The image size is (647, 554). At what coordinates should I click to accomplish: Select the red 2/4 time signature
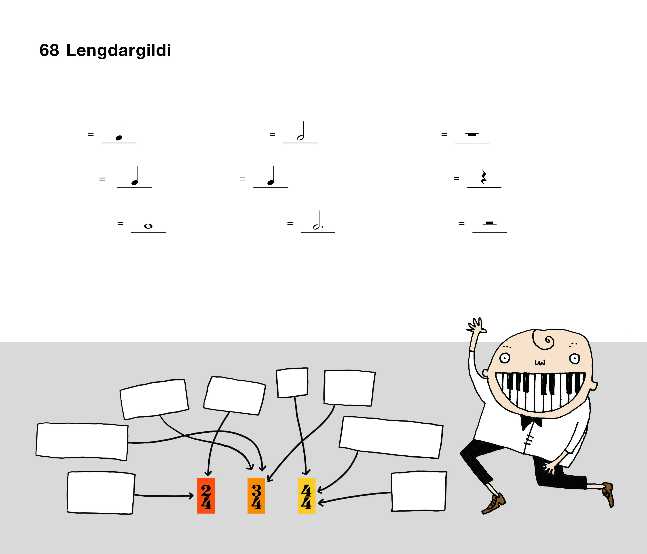(x=206, y=496)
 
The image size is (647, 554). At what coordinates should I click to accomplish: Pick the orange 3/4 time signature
(x=256, y=496)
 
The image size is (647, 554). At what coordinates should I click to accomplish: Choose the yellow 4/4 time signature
(x=307, y=496)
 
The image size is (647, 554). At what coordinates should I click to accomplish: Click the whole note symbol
(x=148, y=226)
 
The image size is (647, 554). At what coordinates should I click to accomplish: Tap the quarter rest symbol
(x=484, y=177)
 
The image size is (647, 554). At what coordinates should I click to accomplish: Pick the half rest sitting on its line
(x=489, y=223)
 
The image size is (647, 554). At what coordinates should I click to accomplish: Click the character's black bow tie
(x=531, y=422)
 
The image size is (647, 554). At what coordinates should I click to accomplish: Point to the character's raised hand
(x=476, y=326)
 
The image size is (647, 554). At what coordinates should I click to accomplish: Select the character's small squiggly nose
(x=540, y=363)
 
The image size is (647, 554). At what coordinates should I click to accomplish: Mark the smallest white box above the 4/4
(x=292, y=383)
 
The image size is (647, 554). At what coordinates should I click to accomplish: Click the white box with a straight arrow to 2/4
(x=101, y=493)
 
